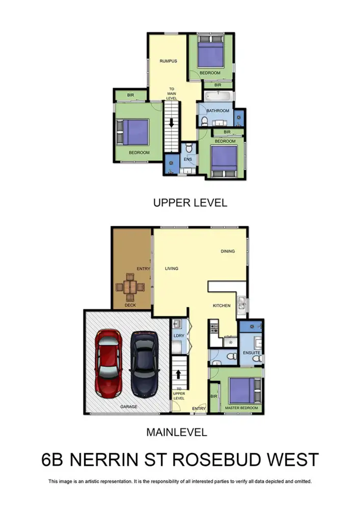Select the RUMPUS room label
point(168,62)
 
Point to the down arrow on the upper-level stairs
point(172,124)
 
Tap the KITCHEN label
point(221,305)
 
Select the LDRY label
point(179,336)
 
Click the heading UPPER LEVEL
point(190,203)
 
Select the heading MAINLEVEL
point(177,433)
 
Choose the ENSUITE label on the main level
point(251,352)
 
